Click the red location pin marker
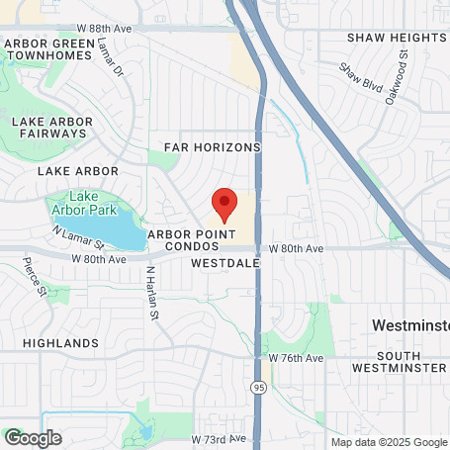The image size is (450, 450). pos(225,203)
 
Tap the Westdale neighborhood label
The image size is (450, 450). pos(225,264)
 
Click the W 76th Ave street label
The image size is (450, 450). pos(293,357)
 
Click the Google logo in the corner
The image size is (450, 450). pos(33,437)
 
